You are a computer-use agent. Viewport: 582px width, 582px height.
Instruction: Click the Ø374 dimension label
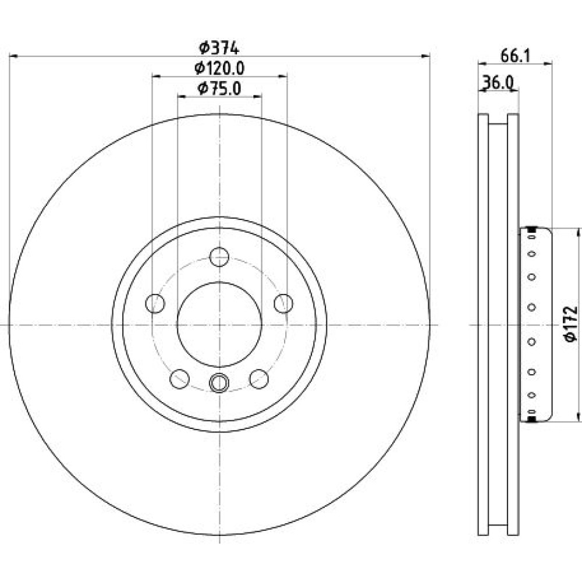point(219,48)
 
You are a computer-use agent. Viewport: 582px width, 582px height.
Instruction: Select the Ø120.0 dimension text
point(220,68)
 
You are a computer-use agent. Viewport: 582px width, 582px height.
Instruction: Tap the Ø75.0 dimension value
point(220,88)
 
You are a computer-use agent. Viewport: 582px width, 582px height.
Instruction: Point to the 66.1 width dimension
point(516,56)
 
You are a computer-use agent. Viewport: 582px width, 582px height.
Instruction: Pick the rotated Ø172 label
point(570,324)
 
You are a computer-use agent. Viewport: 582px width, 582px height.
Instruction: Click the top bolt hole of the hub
point(219,257)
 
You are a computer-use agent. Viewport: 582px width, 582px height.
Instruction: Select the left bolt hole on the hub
point(155,303)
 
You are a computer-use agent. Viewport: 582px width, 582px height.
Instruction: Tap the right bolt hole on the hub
point(283,303)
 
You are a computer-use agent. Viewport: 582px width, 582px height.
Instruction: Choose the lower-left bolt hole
point(180,379)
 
